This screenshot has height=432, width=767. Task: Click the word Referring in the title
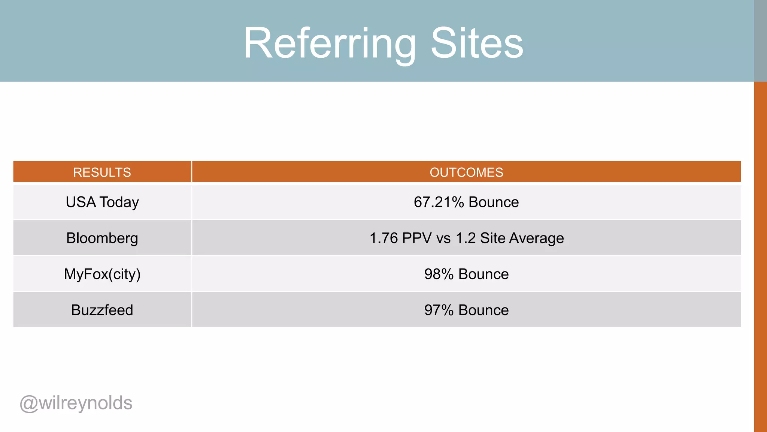tap(330, 43)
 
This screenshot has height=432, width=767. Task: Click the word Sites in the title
tap(477, 43)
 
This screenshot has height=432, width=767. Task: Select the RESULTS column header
tap(102, 172)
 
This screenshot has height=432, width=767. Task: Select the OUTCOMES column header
tap(466, 172)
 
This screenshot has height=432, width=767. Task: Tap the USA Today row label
tap(102, 202)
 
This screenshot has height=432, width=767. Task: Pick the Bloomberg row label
tap(102, 238)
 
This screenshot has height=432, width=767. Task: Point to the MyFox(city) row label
tap(102, 274)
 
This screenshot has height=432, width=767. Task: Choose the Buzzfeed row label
tap(102, 310)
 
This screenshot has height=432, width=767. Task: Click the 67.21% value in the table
tap(439, 202)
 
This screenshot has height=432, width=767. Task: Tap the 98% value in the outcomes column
tap(439, 274)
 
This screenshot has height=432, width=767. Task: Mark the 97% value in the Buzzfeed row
tap(439, 310)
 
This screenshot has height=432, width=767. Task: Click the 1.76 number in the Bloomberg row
tap(383, 238)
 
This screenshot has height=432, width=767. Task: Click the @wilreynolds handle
tap(76, 403)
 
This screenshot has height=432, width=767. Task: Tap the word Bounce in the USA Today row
tap(494, 202)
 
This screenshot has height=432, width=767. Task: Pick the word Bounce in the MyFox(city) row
tap(483, 274)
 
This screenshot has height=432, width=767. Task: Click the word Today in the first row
tap(119, 202)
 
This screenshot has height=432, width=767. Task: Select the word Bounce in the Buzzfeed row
tap(483, 310)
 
